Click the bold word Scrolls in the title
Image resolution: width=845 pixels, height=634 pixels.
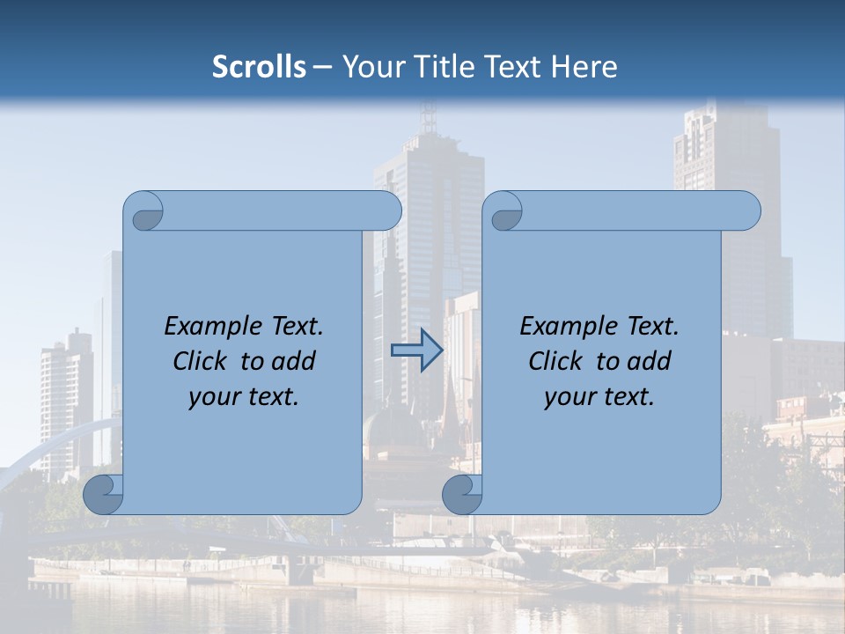click(260, 66)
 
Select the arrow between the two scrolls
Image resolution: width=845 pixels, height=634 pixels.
click(416, 350)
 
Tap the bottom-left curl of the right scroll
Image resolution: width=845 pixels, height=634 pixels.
click(462, 495)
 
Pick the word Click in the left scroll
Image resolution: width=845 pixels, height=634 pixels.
click(202, 362)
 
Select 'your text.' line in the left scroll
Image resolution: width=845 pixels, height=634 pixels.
click(244, 397)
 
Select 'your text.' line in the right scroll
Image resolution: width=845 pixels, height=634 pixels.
click(599, 397)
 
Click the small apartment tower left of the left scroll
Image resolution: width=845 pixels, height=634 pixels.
click(66, 396)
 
